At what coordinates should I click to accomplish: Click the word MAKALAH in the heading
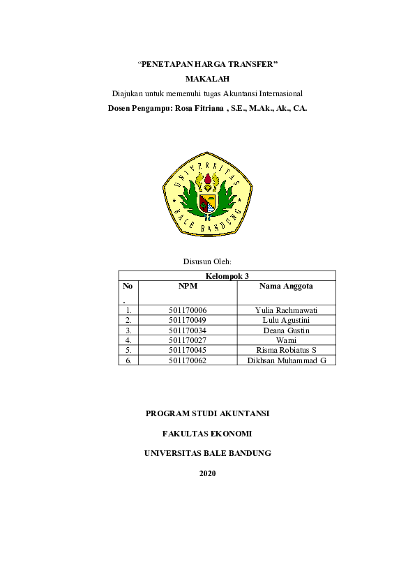coord(207,79)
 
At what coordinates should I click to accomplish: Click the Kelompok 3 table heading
coord(227,276)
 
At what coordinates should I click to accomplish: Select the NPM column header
coord(188,286)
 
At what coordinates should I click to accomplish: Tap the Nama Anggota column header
coord(286,286)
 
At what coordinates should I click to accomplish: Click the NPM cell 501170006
coord(188,310)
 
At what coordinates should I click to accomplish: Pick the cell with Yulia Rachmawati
coord(286,310)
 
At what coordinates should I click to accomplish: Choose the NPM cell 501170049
coord(188,320)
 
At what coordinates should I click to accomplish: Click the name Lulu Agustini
coord(286,320)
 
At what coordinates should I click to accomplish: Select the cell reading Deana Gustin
coord(286,330)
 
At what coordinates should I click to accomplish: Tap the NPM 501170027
coord(188,340)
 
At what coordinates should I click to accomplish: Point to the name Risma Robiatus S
coord(286,349)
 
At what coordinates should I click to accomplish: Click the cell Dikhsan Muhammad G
coord(287,360)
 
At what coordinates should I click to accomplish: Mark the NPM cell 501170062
coord(188,360)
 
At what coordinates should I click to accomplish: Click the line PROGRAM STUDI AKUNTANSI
coord(207,413)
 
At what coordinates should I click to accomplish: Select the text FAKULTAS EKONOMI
coord(207,433)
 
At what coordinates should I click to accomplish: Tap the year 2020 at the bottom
coord(207,473)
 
